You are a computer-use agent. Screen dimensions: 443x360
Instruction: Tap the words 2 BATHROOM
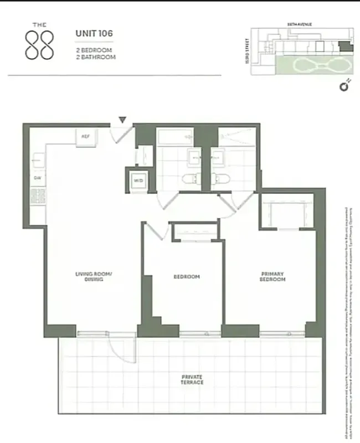(x=96, y=56)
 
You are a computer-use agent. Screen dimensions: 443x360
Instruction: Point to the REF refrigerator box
(x=86, y=136)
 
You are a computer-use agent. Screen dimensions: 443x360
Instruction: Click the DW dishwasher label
(x=38, y=178)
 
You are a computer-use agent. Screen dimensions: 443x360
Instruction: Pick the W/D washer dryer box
(x=137, y=180)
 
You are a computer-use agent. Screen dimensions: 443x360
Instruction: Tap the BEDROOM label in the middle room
(x=187, y=277)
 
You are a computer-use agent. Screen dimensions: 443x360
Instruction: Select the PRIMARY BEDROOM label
(x=272, y=277)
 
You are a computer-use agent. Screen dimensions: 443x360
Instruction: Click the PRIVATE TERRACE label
(x=192, y=379)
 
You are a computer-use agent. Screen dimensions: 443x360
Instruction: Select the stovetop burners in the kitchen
(x=38, y=197)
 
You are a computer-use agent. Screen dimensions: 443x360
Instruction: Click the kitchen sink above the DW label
(x=37, y=161)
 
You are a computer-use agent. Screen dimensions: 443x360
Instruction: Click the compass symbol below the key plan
(x=344, y=86)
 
